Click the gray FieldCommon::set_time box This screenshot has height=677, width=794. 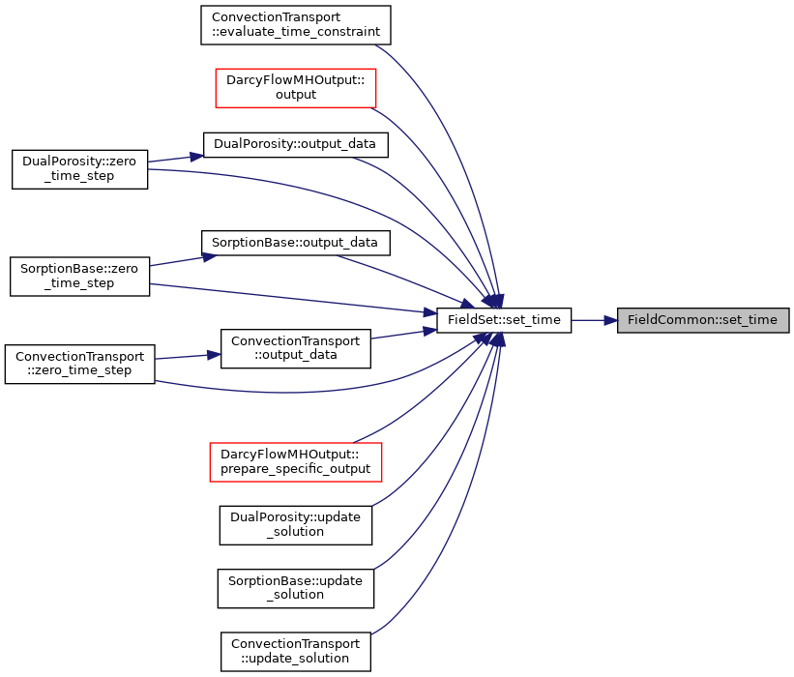(703, 320)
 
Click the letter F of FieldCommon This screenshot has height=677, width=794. (631, 320)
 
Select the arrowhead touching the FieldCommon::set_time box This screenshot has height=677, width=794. (610, 320)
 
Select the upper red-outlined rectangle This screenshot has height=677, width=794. (295, 88)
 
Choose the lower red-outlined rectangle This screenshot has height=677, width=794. (295, 462)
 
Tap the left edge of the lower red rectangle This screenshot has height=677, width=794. (210, 462)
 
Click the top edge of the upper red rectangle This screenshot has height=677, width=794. (295, 69)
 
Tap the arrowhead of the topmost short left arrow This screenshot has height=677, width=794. (197, 156)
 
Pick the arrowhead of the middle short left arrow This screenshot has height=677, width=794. (209, 256)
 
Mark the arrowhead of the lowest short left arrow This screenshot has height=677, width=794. (214, 355)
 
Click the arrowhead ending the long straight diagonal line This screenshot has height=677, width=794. (430, 312)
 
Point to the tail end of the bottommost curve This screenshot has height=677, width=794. (372, 634)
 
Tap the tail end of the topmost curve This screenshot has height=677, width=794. (375, 45)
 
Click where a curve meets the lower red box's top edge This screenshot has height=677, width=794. (355, 443)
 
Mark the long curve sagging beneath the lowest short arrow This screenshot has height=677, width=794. (290, 393)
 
